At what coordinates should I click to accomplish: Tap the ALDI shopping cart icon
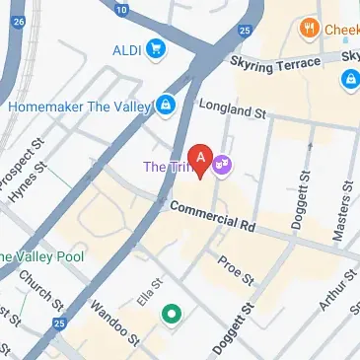point(156,47)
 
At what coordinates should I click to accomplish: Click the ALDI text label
point(126,47)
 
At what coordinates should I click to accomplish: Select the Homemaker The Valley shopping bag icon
point(167,103)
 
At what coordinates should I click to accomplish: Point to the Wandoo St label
point(109,320)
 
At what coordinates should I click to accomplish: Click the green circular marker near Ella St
point(173,314)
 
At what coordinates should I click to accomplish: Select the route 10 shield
point(120,10)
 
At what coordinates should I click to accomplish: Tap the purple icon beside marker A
point(224,163)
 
